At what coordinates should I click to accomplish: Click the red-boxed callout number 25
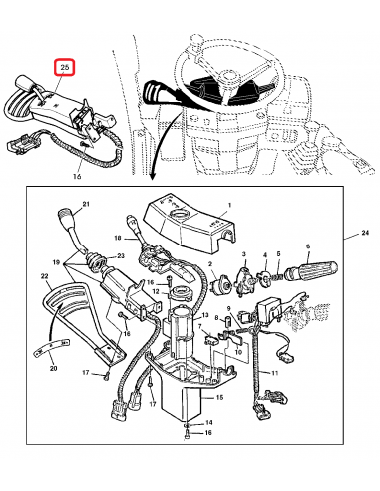click(65, 68)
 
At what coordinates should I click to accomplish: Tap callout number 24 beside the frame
click(365, 233)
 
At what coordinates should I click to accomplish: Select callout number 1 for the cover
click(229, 205)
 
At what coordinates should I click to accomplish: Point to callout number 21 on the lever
click(86, 204)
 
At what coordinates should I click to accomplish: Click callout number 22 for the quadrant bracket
click(44, 276)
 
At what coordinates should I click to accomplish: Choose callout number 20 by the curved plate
click(53, 368)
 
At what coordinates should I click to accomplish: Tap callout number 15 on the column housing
click(219, 397)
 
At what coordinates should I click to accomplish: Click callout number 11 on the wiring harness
click(274, 373)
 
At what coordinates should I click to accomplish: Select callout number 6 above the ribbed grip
click(308, 246)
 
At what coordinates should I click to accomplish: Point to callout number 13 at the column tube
click(205, 315)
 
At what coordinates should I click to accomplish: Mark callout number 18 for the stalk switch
click(118, 238)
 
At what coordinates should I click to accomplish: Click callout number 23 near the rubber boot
click(121, 256)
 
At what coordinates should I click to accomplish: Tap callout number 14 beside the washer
click(208, 423)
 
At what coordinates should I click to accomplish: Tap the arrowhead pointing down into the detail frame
click(153, 177)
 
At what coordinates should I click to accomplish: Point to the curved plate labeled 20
click(51, 346)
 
